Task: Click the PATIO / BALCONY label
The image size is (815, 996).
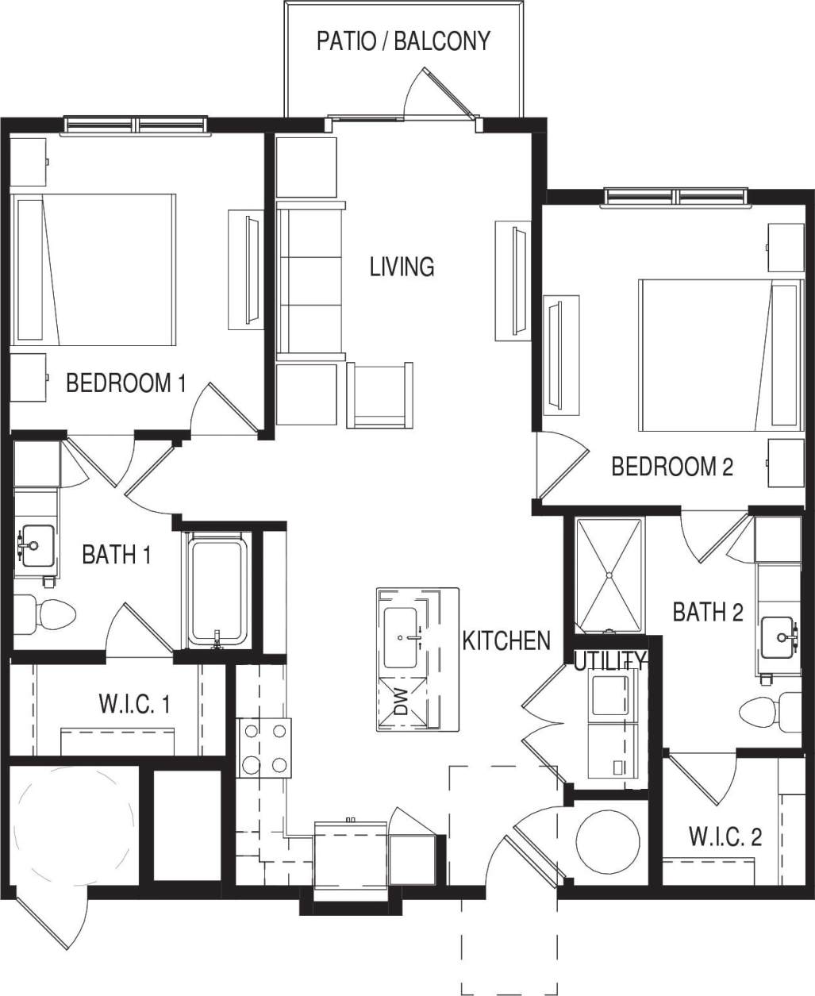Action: click(x=403, y=41)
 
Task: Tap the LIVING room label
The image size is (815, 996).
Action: click(x=402, y=267)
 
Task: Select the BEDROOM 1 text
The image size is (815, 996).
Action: click(x=125, y=384)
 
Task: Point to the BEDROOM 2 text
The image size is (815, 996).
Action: click(x=671, y=467)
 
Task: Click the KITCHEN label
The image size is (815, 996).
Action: click(x=506, y=640)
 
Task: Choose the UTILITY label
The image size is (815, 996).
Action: click(x=609, y=660)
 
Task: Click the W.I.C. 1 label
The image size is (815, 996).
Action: click(x=134, y=704)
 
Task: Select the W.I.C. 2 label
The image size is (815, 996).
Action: click(x=725, y=836)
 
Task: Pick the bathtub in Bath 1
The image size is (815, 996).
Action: click(x=217, y=590)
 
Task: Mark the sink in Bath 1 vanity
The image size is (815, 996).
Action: click(x=35, y=545)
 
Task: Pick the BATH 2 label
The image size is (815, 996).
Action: click(x=708, y=612)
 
